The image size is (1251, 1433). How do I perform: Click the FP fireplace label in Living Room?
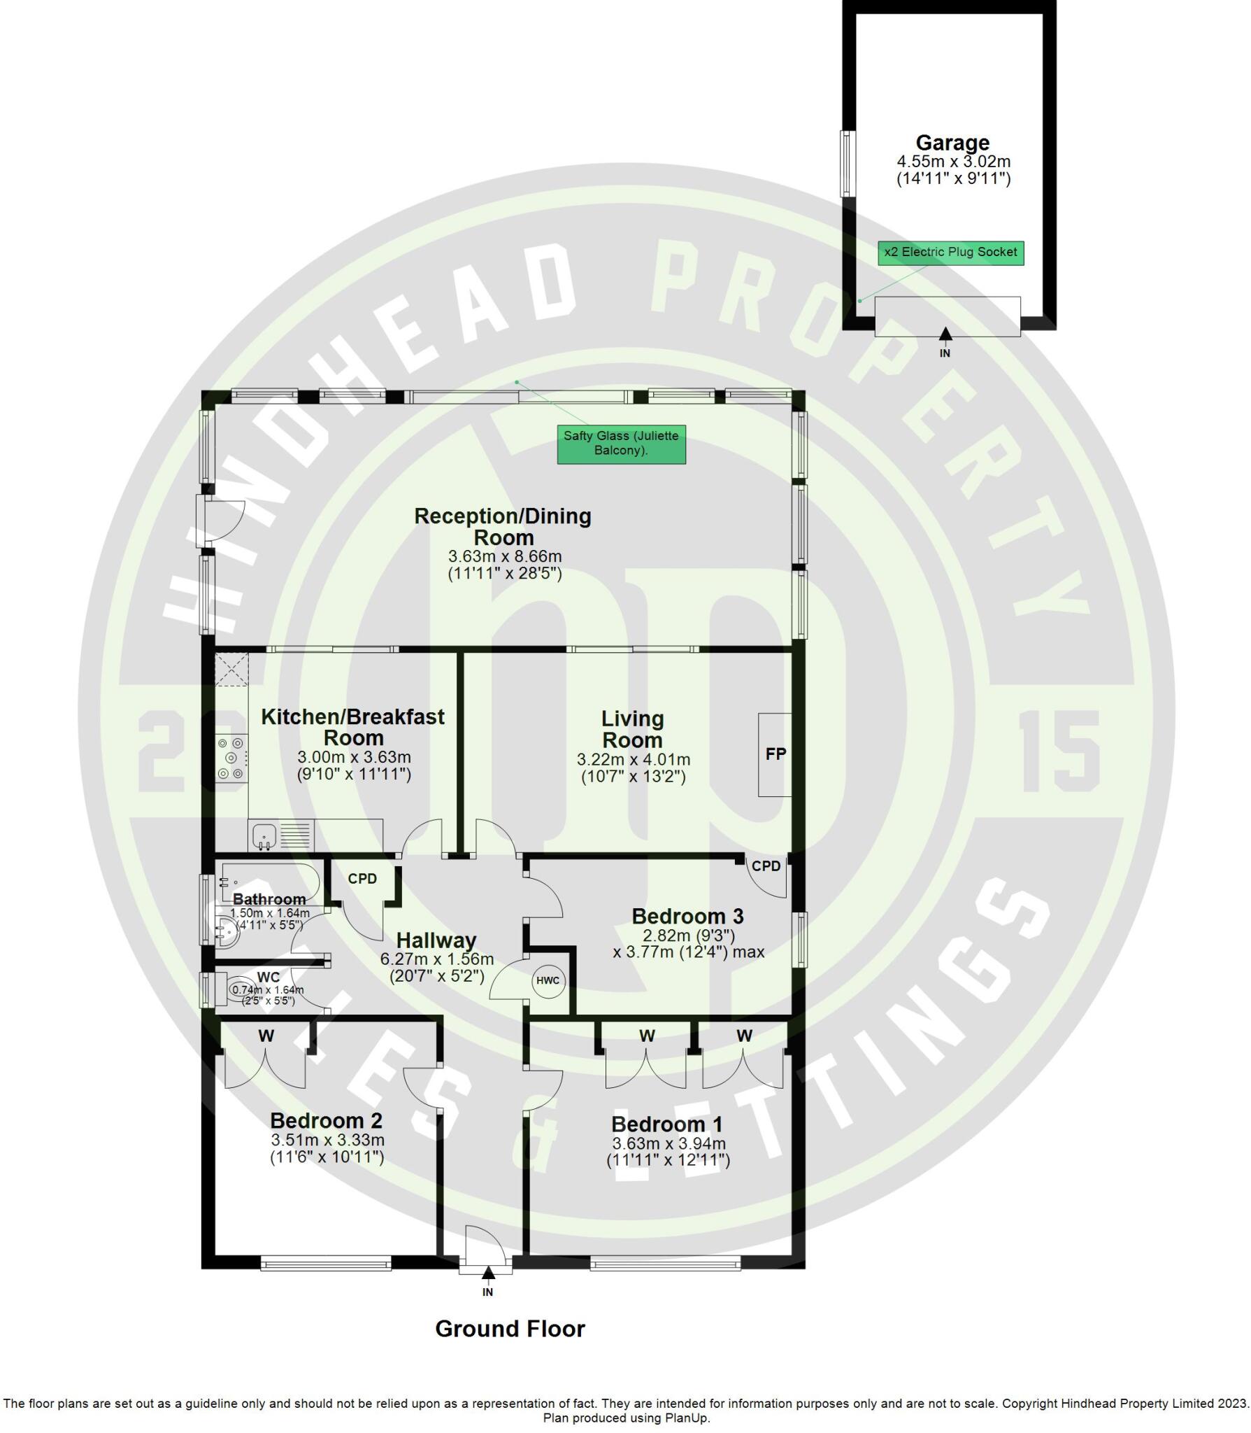coord(775,754)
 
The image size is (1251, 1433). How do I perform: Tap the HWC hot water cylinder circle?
coord(548,980)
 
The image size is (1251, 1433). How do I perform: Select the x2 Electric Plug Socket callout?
coord(950,252)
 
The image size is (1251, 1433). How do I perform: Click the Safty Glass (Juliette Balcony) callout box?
coord(621,443)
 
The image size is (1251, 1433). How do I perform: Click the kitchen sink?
coord(264,835)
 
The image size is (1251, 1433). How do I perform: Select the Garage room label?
coord(952,143)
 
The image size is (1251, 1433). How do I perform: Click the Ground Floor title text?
coord(510,1329)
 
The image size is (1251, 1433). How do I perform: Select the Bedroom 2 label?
coord(326,1120)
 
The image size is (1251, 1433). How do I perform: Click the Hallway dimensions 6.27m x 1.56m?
coord(436,959)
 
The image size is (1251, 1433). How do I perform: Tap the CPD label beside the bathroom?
coord(362,879)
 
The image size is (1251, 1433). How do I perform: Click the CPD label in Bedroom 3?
coord(766,866)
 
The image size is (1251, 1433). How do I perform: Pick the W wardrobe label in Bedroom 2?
coord(266,1036)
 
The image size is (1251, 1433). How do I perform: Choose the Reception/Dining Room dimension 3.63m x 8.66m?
coord(504,556)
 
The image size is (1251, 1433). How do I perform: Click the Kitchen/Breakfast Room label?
coord(352,727)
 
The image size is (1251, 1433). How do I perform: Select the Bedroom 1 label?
coord(666,1124)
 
